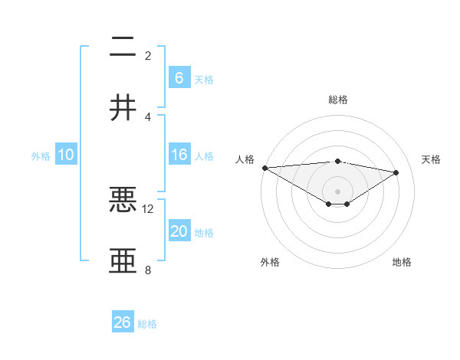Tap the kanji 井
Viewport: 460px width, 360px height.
point(123,108)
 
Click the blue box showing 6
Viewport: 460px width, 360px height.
point(179,77)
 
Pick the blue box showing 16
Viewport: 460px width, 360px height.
point(179,155)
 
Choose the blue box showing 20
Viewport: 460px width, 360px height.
point(179,231)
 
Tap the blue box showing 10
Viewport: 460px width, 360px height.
point(66,155)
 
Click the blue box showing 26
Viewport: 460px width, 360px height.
point(123,322)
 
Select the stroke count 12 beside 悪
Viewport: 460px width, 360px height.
point(148,208)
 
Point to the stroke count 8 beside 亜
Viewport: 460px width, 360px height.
point(148,270)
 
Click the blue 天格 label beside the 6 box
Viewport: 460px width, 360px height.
point(204,79)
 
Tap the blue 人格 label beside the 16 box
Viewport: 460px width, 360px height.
point(204,156)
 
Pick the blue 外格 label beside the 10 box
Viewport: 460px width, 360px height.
point(41,156)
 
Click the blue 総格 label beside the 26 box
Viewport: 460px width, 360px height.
point(147,324)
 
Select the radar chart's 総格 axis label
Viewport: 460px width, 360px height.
point(337,100)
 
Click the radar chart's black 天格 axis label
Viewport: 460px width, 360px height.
point(432,159)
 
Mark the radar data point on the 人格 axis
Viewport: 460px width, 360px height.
point(264,168)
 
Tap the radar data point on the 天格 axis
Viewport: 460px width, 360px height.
point(396,172)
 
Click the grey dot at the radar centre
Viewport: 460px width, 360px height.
point(337,191)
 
